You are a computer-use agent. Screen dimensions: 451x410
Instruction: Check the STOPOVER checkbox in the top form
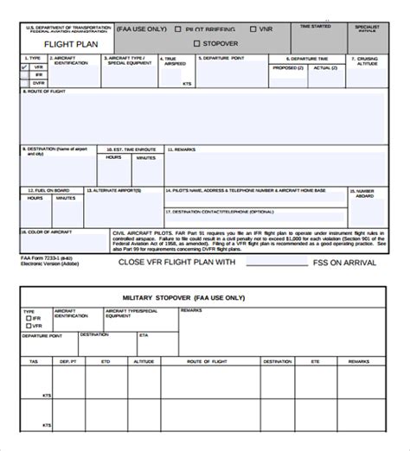[197, 43]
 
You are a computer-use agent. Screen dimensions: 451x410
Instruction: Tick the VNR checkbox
[253, 29]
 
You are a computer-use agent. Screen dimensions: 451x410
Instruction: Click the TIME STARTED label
[316, 27]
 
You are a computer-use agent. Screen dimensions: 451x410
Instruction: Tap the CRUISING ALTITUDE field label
[368, 62]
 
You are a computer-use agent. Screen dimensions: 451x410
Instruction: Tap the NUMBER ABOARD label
[365, 194]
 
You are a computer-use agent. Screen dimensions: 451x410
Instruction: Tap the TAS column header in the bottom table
[34, 361]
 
